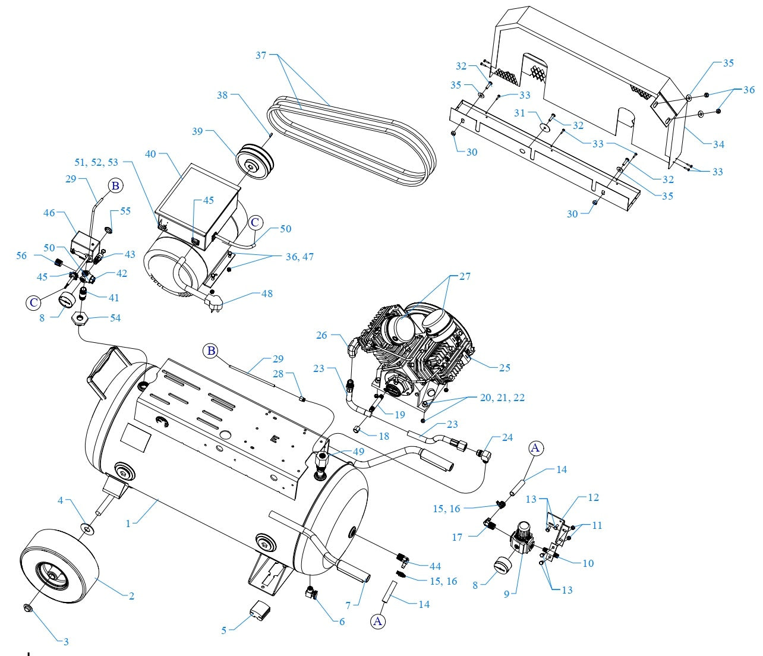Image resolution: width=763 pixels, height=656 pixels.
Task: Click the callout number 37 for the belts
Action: click(x=261, y=55)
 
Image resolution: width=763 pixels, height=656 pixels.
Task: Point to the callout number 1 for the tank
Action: click(x=128, y=524)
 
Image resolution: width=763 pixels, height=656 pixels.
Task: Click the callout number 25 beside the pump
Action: click(x=504, y=367)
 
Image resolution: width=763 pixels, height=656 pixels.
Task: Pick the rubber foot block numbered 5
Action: click(x=258, y=610)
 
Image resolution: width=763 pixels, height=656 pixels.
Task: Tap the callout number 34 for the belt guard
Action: click(x=718, y=144)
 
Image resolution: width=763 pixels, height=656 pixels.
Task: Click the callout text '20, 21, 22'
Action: click(x=502, y=398)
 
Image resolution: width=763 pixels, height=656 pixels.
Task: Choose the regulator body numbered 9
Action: click(x=521, y=538)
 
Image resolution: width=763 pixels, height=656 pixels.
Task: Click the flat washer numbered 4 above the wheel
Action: click(x=87, y=528)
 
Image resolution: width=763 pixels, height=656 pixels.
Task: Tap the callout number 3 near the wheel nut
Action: click(x=66, y=641)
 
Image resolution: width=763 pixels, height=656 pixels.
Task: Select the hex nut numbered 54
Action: click(x=80, y=320)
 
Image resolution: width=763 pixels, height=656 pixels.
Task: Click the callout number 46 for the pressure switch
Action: click(x=49, y=212)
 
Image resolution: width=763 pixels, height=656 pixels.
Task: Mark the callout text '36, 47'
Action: click(x=299, y=257)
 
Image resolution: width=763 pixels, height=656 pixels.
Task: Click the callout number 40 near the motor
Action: click(x=151, y=154)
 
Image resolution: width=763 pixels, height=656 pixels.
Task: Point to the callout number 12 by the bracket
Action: click(x=593, y=497)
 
